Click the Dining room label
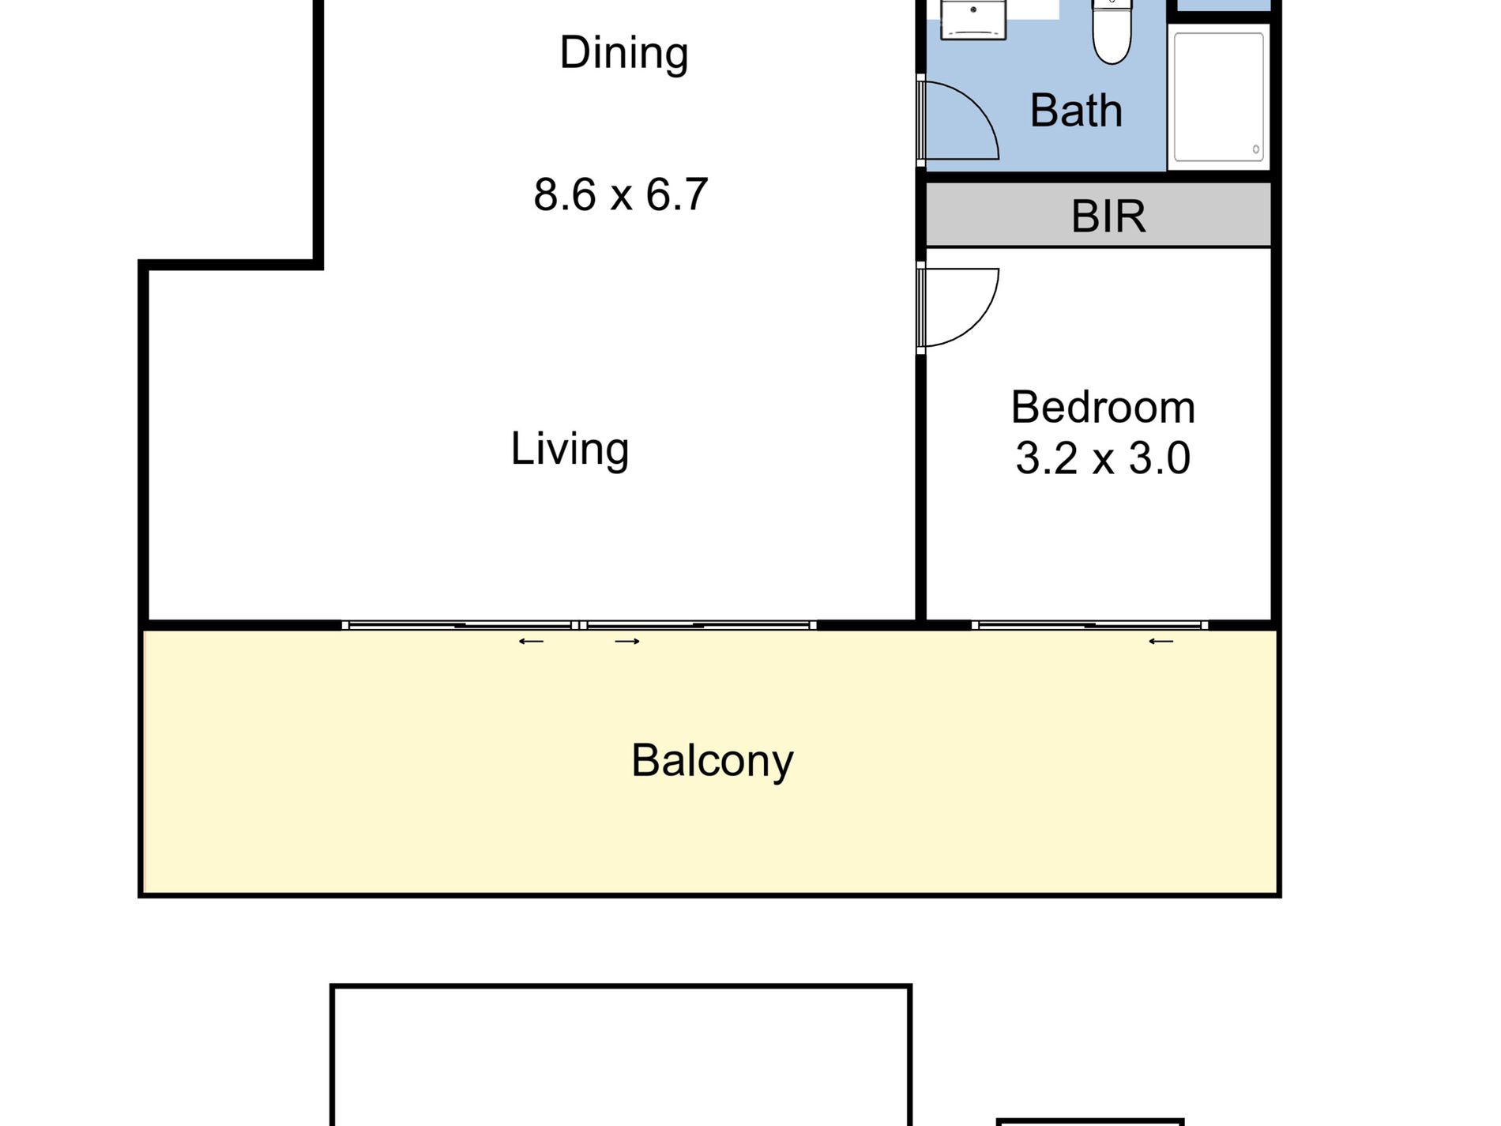click(x=624, y=54)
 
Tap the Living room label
click(x=570, y=449)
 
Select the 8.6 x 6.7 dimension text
click(x=621, y=194)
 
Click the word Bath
click(x=1076, y=111)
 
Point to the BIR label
click(x=1108, y=216)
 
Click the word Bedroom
click(x=1103, y=408)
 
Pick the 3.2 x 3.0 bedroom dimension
click(x=1103, y=458)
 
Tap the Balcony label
click(x=712, y=761)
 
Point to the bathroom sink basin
click(x=972, y=17)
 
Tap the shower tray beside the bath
click(x=1218, y=97)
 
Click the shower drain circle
click(x=1256, y=149)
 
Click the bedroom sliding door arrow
click(x=1161, y=642)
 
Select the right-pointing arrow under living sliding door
click(x=627, y=642)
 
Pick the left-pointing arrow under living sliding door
click(x=531, y=642)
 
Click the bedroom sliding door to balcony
click(x=1089, y=625)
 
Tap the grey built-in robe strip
click(x=1098, y=215)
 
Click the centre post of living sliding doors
click(x=579, y=625)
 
